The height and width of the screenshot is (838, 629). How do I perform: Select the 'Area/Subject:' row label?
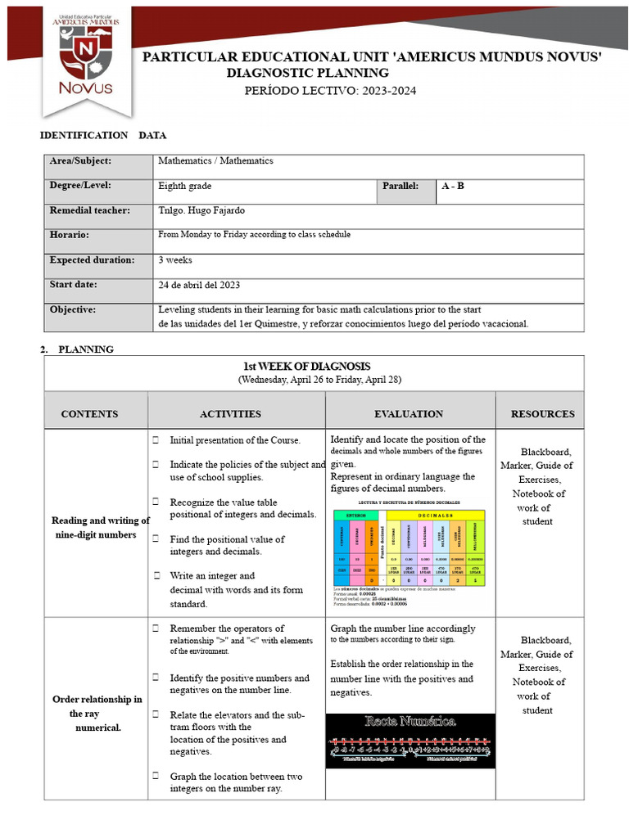point(80,161)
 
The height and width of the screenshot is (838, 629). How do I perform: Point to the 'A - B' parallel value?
point(452,186)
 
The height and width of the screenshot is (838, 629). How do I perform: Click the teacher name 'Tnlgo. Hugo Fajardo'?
point(201,210)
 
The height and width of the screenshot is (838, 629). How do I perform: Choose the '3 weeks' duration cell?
point(175,259)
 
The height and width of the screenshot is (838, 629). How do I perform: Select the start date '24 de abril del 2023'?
point(199,285)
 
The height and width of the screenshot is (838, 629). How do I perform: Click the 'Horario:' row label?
point(69,235)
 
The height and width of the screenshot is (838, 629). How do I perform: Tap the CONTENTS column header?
point(89,414)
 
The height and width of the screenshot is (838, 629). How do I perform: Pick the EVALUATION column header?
point(409,414)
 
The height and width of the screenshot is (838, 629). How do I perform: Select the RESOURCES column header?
point(542,414)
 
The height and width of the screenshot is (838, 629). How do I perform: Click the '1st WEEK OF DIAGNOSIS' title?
point(306,367)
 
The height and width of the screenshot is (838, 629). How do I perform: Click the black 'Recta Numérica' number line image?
point(410,740)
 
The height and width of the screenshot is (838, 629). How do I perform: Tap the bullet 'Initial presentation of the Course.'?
point(234,440)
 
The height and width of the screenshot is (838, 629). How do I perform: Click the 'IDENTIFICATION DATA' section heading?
point(103,135)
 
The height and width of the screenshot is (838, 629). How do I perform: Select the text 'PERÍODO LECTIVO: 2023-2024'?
point(330,90)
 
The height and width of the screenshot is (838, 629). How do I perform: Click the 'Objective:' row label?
point(73,309)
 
